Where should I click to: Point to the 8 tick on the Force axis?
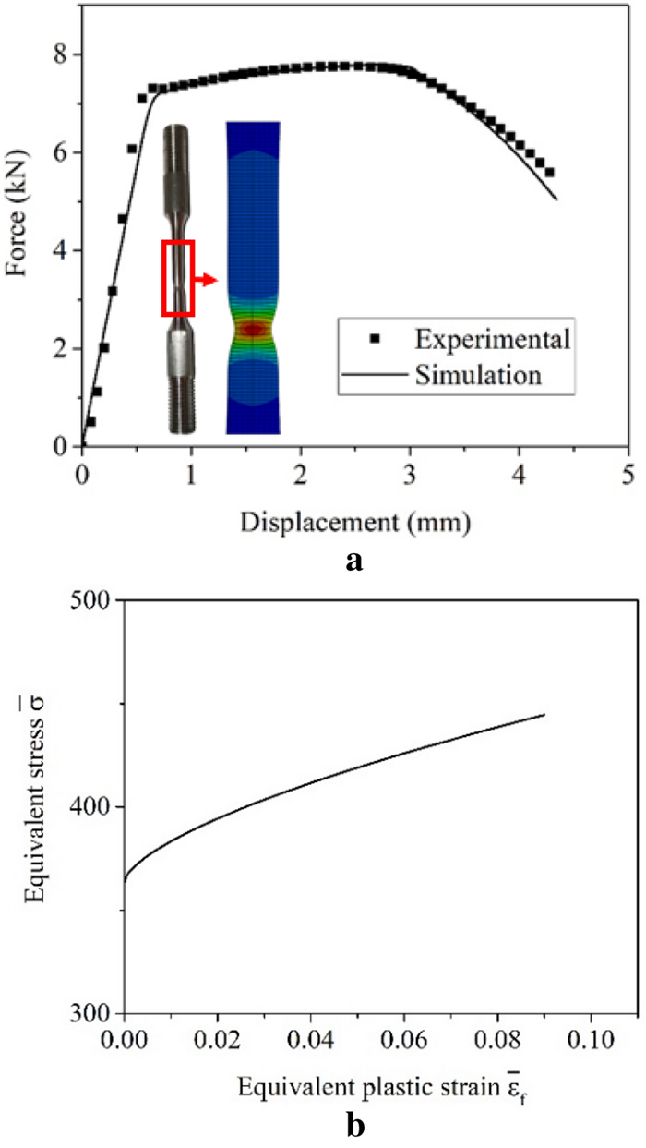(x=62, y=54)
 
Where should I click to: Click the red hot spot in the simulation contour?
(x=253, y=328)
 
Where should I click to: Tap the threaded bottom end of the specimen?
(x=178, y=406)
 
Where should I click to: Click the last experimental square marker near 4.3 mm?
(x=550, y=172)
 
